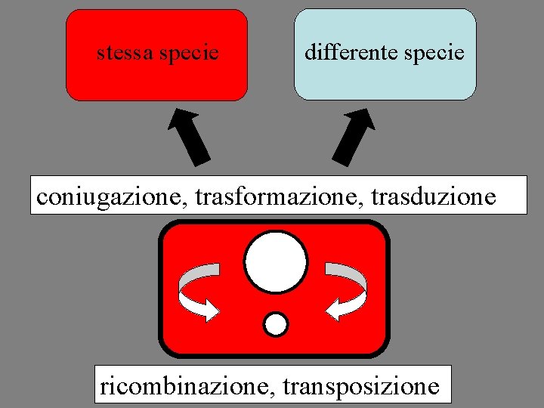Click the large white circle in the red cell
point(276,262)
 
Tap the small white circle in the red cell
point(277,324)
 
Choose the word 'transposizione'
point(360,386)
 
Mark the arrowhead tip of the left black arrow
point(176,111)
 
